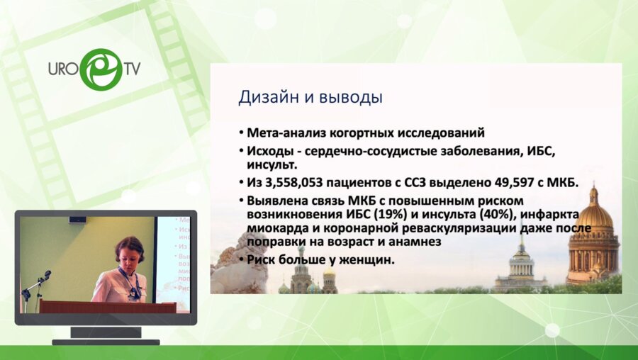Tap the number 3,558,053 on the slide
pyautogui.click(x=296, y=184)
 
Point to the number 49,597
pyautogui.click(x=528, y=184)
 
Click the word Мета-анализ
pyautogui.click(x=284, y=133)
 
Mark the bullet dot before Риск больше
pyautogui.click(x=241, y=260)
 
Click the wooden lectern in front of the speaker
pyautogui.click(x=106, y=307)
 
